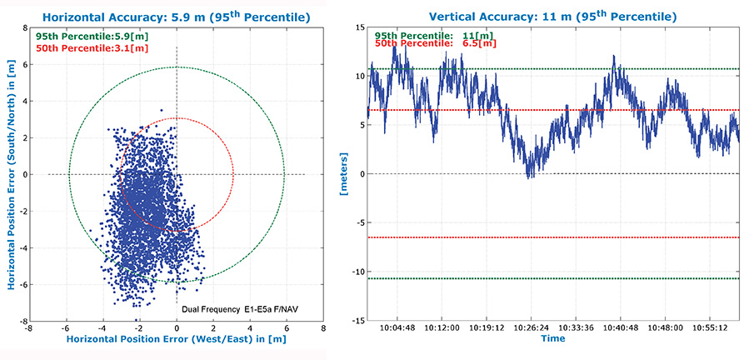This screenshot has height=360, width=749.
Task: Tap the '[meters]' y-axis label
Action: point(343,174)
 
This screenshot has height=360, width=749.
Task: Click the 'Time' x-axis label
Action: point(552,339)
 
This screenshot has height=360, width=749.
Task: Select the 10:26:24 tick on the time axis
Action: point(530,328)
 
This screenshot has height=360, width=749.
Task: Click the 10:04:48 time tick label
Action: point(397,328)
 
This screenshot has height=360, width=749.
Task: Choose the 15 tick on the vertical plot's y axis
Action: point(358,27)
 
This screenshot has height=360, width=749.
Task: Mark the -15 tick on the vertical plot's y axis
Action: point(356,321)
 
